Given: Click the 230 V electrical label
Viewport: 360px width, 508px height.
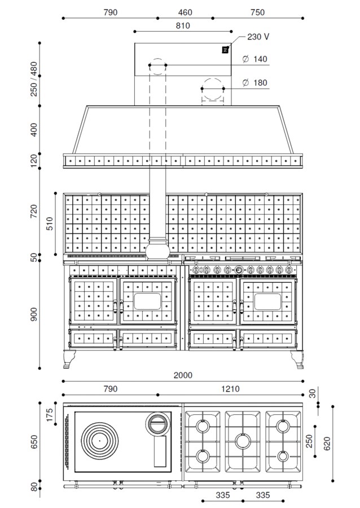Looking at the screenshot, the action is click(x=258, y=37).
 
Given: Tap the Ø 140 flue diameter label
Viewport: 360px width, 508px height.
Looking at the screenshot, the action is click(x=255, y=59).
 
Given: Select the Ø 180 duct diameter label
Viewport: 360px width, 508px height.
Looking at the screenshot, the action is click(x=255, y=82).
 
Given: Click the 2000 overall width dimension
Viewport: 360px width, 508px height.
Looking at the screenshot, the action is click(x=183, y=375).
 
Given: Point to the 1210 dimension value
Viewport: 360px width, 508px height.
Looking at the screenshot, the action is click(x=230, y=389).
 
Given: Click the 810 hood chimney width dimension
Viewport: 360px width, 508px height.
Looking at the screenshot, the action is click(x=183, y=25).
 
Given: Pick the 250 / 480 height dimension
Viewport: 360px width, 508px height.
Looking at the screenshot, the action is click(x=34, y=78).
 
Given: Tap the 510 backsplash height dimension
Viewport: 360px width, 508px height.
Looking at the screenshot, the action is click(x=50, y=224).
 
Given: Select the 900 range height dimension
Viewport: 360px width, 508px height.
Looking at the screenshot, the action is click(x=34, y=314).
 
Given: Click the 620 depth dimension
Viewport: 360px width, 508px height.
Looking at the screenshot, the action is click(x=327, y=443).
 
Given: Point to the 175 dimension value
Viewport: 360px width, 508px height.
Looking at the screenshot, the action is click(x=50, y=415).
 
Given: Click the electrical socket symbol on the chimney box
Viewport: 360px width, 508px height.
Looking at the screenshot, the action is click(x=225, y=50).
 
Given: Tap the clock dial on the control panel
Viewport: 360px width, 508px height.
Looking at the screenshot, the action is click(x=239, y=269).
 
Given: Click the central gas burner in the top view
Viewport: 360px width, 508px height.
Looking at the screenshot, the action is click(x=243, y=441).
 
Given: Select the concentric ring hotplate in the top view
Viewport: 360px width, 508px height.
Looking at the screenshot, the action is click(x=99, y=441).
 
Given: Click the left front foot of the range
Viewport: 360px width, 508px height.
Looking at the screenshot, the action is click(x=69, y=360).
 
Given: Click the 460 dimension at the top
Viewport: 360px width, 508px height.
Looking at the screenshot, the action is click(x=185, y=12).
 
